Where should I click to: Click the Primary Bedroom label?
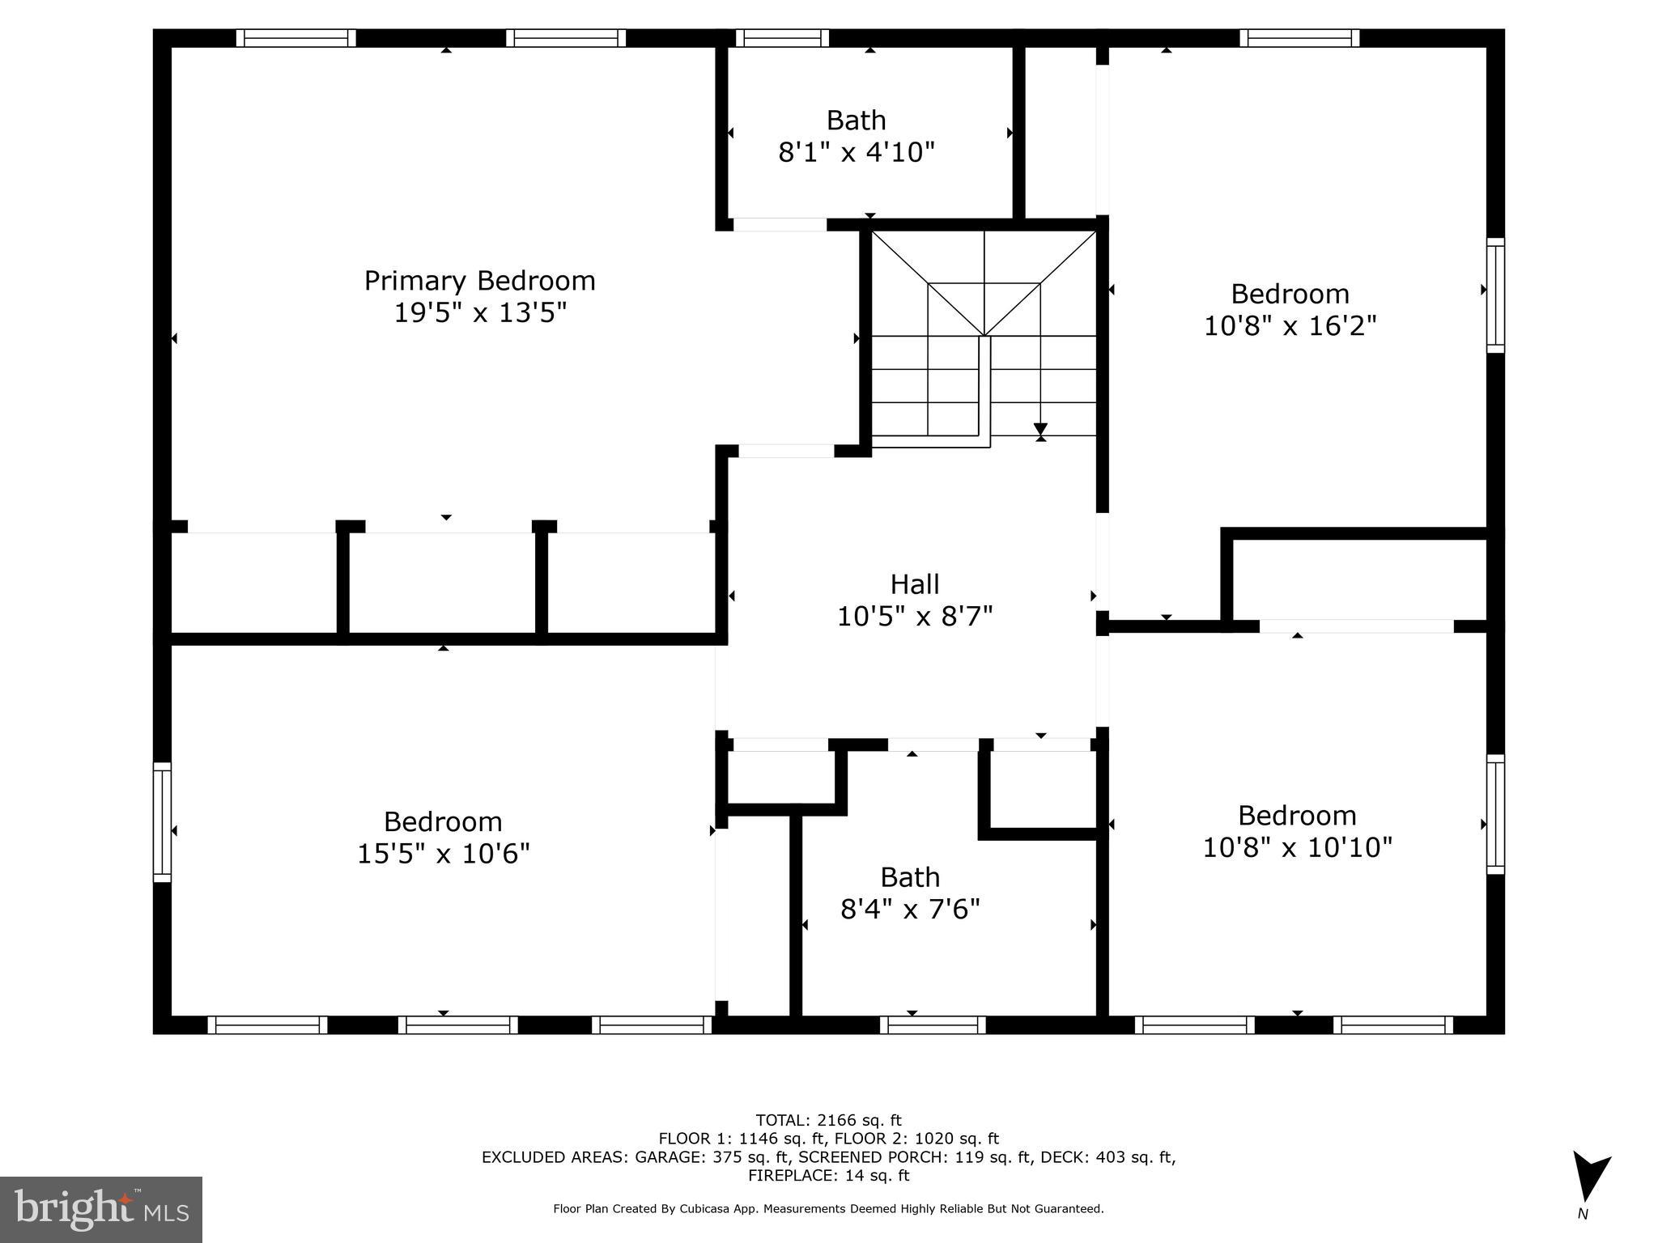point(479,281)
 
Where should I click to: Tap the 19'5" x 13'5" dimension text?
point(479,312)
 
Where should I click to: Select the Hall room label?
point(915,583)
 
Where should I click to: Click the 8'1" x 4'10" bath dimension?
point(857,152)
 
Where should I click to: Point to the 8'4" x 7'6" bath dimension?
point(910,910)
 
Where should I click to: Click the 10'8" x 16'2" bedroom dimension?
point(1290,326)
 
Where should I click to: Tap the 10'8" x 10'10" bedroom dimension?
point(1297,847)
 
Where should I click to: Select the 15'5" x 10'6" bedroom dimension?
point(443,854)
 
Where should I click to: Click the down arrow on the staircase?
point(1040,430)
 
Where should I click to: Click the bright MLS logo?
point(101,1209)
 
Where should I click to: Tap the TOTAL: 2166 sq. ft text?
point(828,1120)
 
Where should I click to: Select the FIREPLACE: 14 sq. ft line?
point(828,1175)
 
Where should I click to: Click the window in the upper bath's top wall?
point(782,38)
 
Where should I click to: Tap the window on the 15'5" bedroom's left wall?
point(163,821)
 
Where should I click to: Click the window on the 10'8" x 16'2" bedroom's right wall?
point(1495,295)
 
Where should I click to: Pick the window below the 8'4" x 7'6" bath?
point(933,1025)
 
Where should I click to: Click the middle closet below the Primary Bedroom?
point(443,583)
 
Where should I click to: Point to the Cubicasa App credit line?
point(828,1208)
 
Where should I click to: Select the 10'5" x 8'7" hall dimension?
point(915,617)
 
